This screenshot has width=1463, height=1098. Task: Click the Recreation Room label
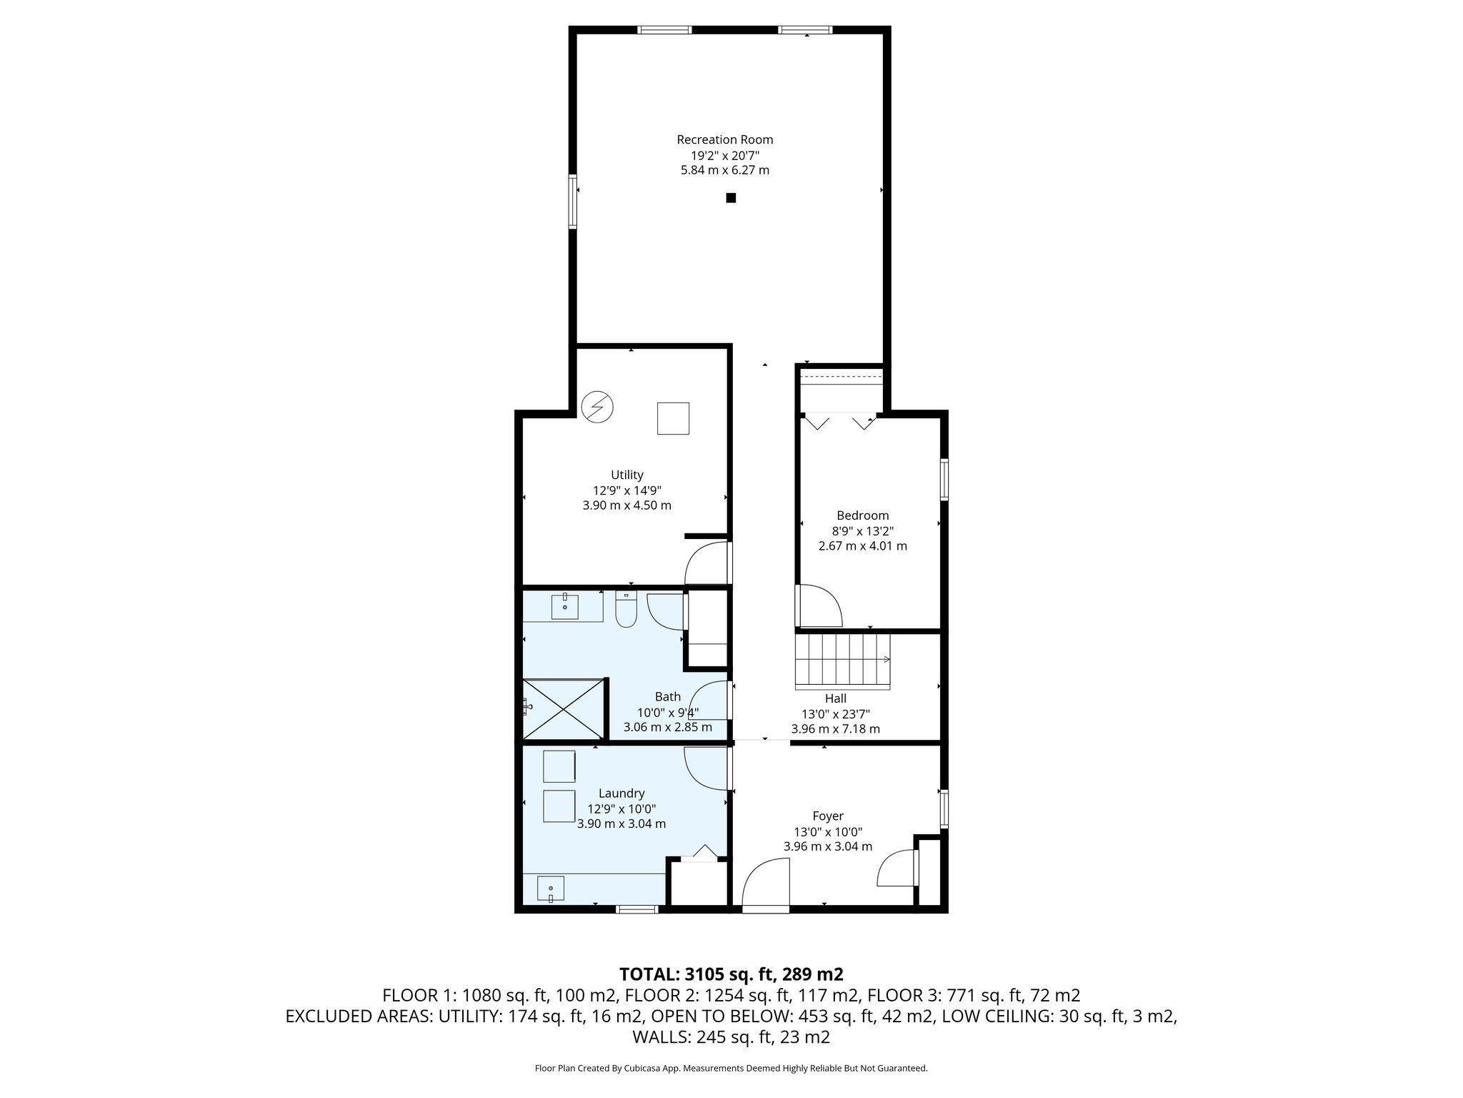point(724,139)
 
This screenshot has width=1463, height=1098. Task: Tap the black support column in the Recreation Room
point(731,198)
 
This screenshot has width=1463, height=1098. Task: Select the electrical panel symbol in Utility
point(597,407)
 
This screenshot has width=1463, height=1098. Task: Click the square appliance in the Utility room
point(673,418)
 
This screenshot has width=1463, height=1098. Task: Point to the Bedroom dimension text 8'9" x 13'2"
point(862,530)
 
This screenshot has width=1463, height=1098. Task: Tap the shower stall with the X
point(564,708)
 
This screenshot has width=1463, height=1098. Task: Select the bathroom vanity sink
point(565,607)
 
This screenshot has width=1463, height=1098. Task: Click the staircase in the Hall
point(842,661)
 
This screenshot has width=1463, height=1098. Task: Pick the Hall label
point(835,698)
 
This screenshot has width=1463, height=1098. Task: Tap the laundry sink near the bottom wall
point(551,889)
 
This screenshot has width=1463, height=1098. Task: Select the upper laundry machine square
point(559,766)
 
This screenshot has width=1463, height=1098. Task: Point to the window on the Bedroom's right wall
point(944,479)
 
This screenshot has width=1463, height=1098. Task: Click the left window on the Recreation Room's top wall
point(664,30)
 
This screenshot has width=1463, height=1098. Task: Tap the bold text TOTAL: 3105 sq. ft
point(731,974)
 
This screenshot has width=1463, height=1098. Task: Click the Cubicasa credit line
point(731,1068)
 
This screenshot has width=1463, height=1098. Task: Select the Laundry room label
point(621,793)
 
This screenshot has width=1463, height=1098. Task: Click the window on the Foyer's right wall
point(944,809)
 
